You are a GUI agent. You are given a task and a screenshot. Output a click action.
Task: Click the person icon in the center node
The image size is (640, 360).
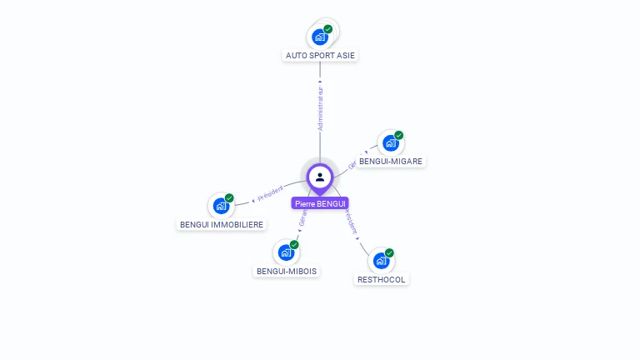320,177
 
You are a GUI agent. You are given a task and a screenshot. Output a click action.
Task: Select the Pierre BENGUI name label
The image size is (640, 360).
320,203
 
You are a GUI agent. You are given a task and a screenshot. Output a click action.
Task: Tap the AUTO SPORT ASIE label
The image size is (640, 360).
321,56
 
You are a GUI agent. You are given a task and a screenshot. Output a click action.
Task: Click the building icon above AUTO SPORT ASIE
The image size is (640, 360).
320,37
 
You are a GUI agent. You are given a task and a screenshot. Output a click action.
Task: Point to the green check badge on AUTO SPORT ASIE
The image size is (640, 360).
328,29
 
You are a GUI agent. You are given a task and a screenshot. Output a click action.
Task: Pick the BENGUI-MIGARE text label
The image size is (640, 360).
391,161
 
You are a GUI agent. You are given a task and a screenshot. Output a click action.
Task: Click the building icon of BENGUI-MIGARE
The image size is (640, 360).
390,143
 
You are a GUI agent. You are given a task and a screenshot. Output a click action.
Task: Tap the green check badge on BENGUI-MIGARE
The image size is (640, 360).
399,135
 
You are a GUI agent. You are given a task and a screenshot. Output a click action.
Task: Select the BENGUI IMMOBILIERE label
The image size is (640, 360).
222,224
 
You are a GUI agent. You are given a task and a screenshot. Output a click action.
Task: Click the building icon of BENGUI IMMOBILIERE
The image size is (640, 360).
221,206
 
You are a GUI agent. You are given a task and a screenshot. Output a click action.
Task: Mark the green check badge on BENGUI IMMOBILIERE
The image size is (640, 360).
229,197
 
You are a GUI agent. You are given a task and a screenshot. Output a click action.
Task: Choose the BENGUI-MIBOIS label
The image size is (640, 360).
287,271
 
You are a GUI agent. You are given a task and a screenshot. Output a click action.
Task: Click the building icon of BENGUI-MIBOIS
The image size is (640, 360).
286,252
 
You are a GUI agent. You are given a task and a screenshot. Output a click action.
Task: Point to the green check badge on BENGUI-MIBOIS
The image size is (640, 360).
294,244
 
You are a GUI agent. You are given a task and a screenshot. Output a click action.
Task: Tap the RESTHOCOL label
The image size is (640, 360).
381,279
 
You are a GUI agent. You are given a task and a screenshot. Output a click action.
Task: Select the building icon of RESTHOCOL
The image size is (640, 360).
381,261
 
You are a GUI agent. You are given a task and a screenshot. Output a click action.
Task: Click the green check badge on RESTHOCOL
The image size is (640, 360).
389,252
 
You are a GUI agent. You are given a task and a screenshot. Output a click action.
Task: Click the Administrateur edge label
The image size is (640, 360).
320,108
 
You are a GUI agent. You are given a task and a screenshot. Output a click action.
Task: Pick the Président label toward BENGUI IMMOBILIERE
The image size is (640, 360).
270,193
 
